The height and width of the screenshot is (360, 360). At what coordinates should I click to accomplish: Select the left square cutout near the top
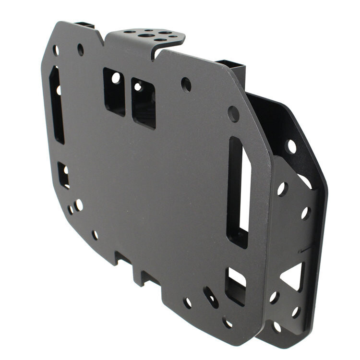coord(114,91)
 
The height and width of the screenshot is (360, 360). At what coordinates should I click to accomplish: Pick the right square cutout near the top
coord(144,103)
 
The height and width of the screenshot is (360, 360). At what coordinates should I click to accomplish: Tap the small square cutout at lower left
coord(63,175)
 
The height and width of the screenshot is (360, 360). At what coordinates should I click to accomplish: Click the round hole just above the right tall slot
coord(233,114)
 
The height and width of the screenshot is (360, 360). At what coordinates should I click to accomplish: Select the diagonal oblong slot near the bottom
coord(210,297)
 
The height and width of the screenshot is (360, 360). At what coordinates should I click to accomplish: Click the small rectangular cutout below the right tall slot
coord(235,286)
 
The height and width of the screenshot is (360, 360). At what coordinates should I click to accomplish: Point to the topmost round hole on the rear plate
coord(291,146)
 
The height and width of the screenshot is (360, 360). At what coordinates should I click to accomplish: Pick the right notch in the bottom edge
coord(146,277)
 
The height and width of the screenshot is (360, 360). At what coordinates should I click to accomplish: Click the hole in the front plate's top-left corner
coord(56,50)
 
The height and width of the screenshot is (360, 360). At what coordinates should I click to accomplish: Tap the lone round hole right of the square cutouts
coord(186,84)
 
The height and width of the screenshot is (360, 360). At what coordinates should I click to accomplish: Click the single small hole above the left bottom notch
coord(95,235)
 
